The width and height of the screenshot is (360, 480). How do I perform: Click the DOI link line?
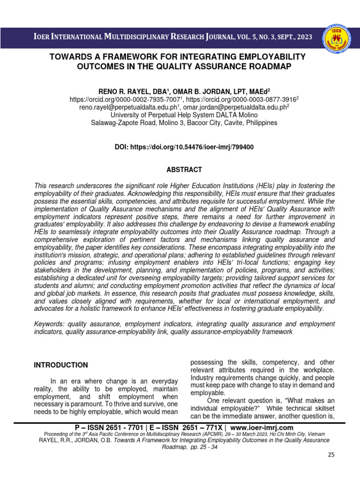coord(184,147)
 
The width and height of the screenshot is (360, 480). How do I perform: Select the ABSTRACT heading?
coord(184,170)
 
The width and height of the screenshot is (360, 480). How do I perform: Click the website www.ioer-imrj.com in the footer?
coord(262,427)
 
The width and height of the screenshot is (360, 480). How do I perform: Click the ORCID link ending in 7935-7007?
coord(125,99)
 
